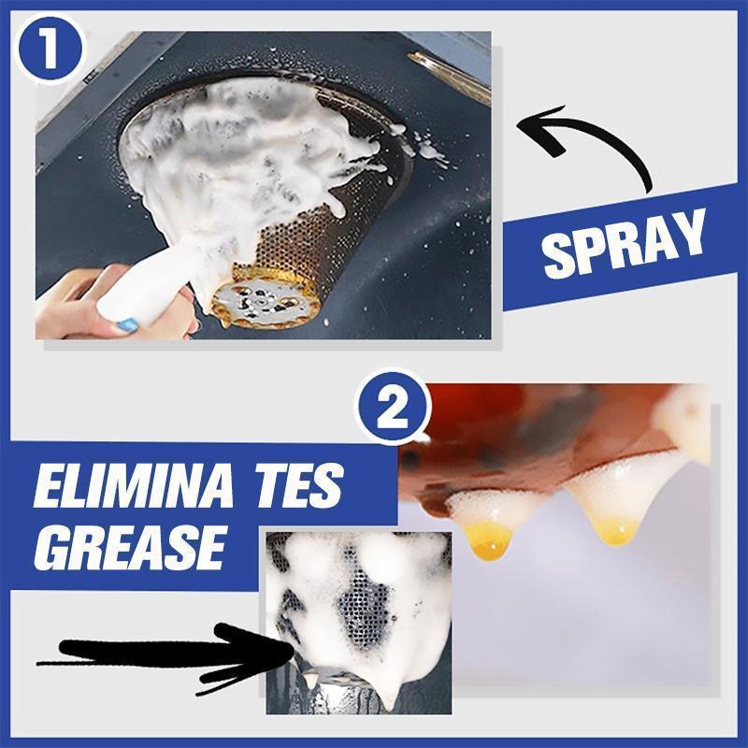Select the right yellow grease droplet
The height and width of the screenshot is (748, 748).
pyautogui.click(x=618, y=530)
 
